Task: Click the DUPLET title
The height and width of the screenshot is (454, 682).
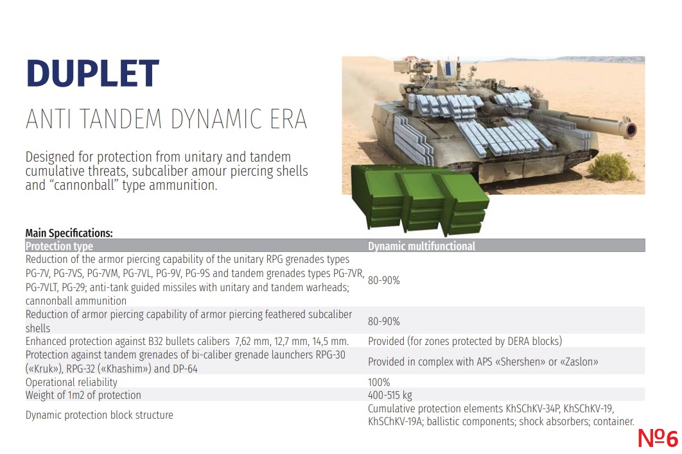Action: pyautogui.click(x=92, y=73)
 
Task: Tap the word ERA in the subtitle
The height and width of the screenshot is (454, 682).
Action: pyautogui.click(x=288, y=119)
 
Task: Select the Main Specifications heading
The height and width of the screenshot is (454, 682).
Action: pyautogui.click(x=69, y=233)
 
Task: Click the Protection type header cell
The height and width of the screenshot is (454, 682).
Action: pyautogui.click(x=59, y=246)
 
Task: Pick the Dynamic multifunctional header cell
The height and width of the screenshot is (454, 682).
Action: pyautogui.click(x=421, y=246)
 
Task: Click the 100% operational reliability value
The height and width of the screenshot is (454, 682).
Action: pyautogui.click(x=379, y=382)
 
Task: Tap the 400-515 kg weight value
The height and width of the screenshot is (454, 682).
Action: pyautogui.click(x=390, y=396)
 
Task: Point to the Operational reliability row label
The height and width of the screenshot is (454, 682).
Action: pyautogui.click(x=71, y=382)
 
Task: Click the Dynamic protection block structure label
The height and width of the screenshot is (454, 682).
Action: pyautogui.click(x=99, y=415)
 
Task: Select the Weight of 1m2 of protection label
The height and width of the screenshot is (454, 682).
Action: pyautogui.click(x=83, y=396)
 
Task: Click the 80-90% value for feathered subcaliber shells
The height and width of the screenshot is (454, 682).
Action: pyautogui.click(x=383, y=321)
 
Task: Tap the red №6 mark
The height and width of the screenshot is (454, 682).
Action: pyautogui.click(x=658, y=438)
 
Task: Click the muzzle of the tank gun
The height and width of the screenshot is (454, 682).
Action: pyautogui.click(x=630, y=129)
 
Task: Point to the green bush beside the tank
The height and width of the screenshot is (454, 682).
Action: pyautogui.click(x=611, y=167)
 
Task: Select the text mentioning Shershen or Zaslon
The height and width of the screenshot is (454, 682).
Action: pyautogui.click(x=483, y=362)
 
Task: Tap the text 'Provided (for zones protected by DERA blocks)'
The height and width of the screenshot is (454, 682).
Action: pyautogui.click(x=465, y=341)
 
